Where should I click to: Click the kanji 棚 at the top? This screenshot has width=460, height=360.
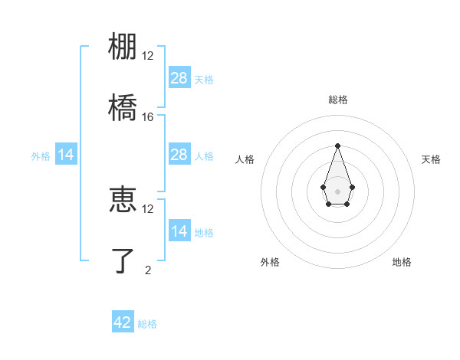tap(123, 46)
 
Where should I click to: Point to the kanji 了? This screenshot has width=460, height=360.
tap(123, 260)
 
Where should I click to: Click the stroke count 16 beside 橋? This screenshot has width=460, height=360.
tap(148, 117)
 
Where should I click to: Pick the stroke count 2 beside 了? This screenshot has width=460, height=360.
tap(148, 270)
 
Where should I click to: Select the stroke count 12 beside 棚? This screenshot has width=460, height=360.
tap(148, 56)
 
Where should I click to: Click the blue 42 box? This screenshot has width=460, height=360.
tap(123, 322)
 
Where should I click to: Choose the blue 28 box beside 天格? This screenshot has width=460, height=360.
tap(179, 77)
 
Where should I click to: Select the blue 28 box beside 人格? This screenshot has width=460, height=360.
tap(179, 155)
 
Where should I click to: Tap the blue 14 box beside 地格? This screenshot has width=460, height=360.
tap(179, 231)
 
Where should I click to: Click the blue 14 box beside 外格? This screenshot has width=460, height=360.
tap(66, 155)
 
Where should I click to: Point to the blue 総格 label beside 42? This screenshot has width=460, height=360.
tap(147, 324)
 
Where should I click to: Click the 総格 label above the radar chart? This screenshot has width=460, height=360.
tap(337, 100)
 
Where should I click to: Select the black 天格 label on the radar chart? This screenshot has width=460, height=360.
tap(431, 159)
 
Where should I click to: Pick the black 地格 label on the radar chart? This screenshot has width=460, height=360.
tap(402, 262)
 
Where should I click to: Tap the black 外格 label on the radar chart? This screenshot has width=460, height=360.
tap(270, 262)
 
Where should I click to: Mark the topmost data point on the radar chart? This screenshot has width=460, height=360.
tap(337, 146)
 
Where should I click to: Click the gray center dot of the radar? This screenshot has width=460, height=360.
tap(337, 190)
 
